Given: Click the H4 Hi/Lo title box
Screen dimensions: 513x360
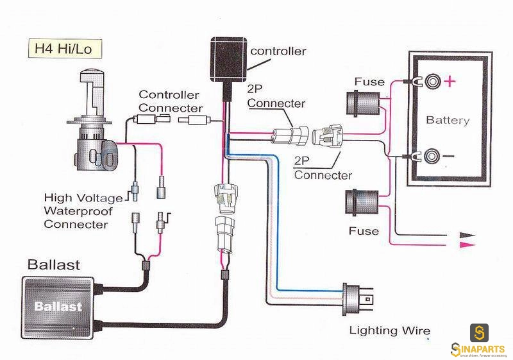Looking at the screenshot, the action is [x=65, y=49].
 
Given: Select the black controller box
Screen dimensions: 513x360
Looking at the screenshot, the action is [x=229, y=60].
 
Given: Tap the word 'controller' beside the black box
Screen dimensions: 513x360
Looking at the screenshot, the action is [x=278, y=51].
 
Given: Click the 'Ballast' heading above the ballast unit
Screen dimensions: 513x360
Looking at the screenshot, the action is [x=54, y=265].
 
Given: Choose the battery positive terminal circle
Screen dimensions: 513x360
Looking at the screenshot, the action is [x=432, y=81].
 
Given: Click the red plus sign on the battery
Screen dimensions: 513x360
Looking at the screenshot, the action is [x=450, y=81].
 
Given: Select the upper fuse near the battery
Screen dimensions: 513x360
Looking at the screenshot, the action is [x=363, y=103].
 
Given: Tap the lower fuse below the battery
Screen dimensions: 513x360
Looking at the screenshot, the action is [x=362, y=202].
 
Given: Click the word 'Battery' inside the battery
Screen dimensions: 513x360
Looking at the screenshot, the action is [x=448, y=120].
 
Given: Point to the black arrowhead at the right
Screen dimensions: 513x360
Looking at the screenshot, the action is [x=467, y=235].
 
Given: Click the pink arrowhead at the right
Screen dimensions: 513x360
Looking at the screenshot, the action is [x=467, y=244].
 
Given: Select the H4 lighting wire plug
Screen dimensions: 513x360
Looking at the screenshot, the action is [x=357, y=299].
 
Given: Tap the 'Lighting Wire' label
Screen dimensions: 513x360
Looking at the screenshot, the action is [x=390, y=330].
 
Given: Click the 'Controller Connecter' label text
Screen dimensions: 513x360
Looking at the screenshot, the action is [x=171, y=101].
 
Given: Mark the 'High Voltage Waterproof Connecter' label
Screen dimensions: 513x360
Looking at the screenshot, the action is [x=83, y=210].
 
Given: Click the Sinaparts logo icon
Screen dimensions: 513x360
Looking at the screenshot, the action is [x=479, y=333].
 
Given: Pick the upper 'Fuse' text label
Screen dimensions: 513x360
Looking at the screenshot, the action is [x=369, y=81].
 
